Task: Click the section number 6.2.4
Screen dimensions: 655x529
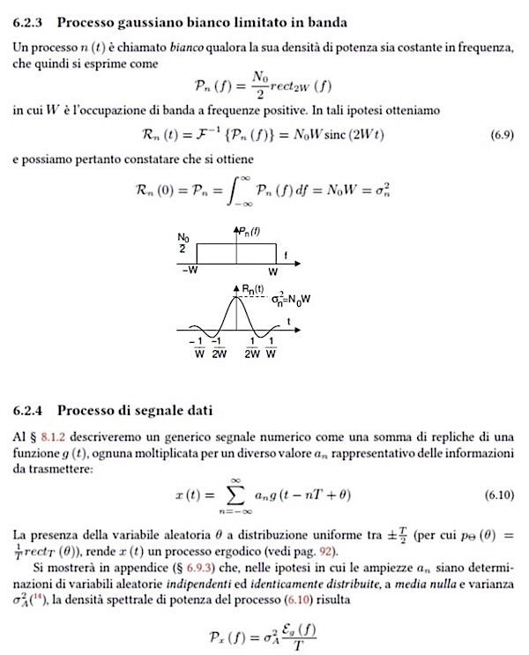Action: [32, 410]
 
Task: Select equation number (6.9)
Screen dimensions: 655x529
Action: [500, 136]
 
